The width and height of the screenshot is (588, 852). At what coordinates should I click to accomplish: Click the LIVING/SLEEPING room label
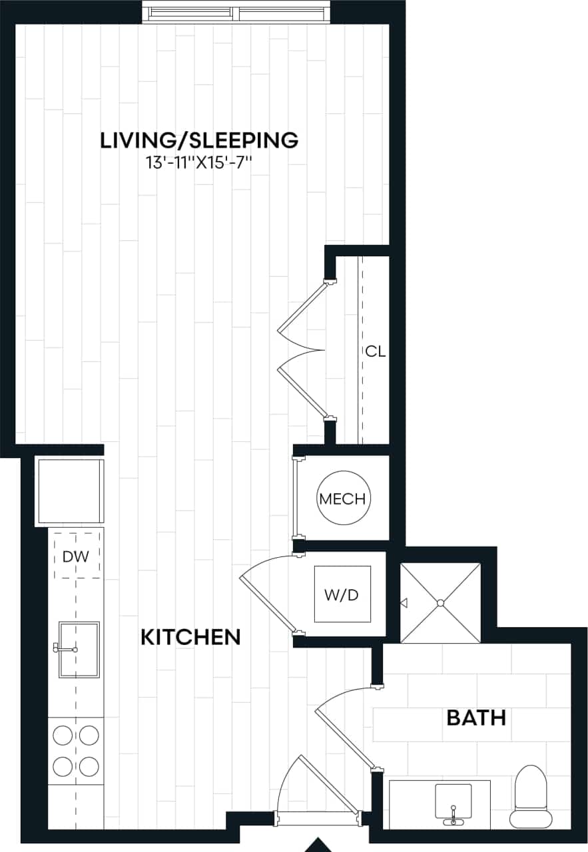click(x=198, y=140)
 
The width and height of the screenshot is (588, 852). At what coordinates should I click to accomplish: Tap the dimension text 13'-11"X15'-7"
click(x=198, y=163)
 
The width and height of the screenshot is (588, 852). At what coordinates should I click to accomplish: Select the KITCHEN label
click(x=190, y=637)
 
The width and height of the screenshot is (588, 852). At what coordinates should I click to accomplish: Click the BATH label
click(x=475, y=718)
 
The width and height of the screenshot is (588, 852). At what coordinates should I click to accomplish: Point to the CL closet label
click(x=375, y=351)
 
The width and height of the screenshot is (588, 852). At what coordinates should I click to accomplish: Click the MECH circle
click(x=342, y=499)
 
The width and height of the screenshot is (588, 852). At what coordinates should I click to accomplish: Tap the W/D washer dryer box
click(x=342, y=594)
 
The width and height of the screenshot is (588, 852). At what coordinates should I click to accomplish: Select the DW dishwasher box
click(x=76, y=556)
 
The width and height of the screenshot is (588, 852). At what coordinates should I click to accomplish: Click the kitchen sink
click(x=79, y=649)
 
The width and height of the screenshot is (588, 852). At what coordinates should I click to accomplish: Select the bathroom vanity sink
click(x=453, y=804)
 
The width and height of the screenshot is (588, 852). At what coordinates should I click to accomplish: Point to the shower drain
click(x=440, y=603)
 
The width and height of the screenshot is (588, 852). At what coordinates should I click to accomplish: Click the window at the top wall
click(x=236, y=13)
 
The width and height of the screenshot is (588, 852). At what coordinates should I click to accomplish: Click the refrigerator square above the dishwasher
click(x=70, y=491)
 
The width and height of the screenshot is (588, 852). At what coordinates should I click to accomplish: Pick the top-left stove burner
click(x=63, y=736)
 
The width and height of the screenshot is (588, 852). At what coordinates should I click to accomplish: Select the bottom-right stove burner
click(x=89, y=765)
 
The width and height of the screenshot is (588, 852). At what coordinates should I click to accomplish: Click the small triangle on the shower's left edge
click(x=403, y=603)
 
